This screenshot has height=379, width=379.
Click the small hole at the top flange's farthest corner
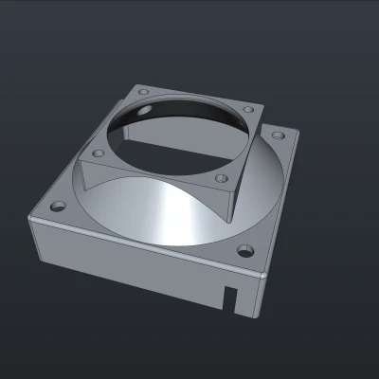(x=140, y=92)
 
